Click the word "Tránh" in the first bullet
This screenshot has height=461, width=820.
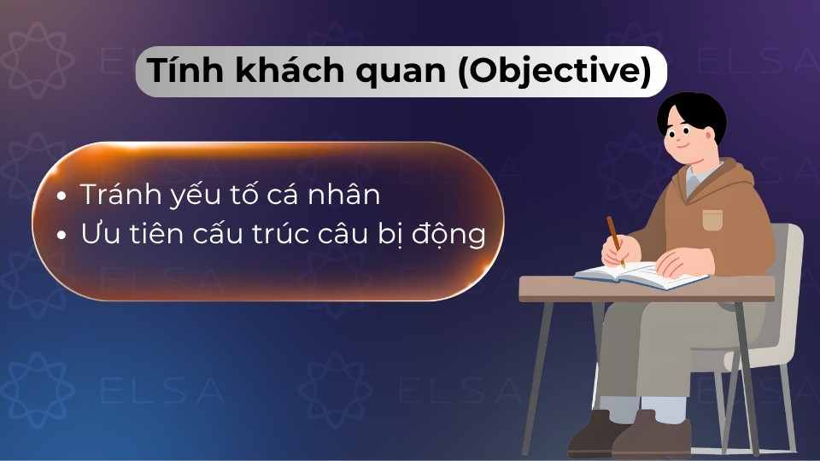point(120,195)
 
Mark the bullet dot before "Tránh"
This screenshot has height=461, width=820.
point(61,197)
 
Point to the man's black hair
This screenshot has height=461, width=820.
point(692,111)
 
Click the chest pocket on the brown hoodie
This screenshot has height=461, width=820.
point(712,219)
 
